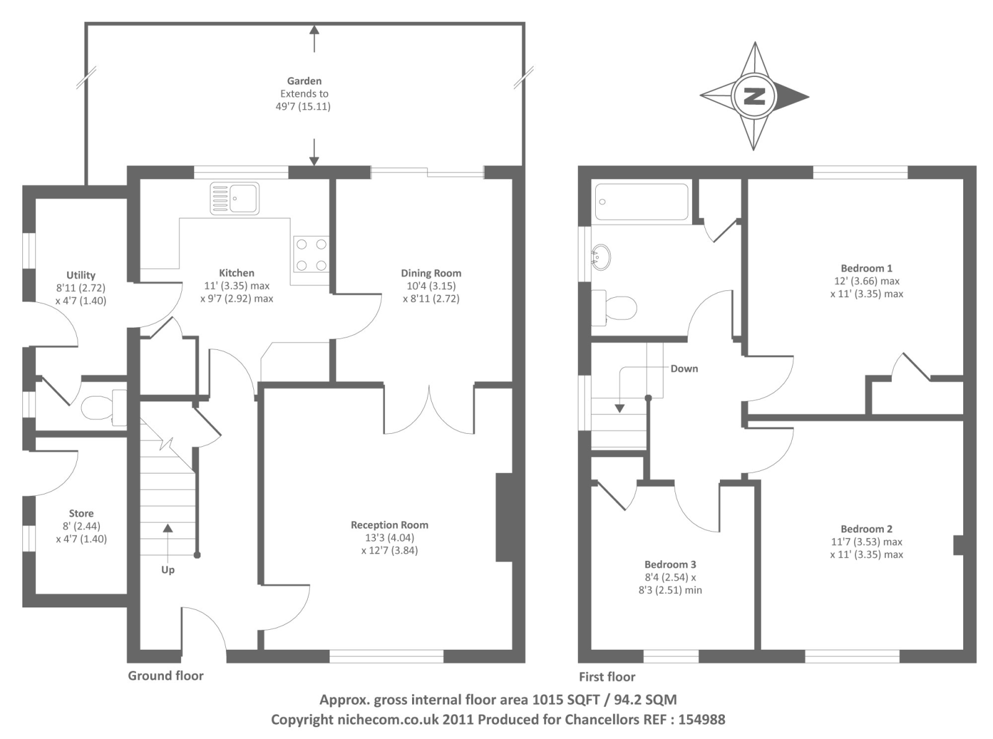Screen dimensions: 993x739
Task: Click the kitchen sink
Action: (x=235, y=199)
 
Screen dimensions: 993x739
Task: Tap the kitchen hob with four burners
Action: (x=311, y=254)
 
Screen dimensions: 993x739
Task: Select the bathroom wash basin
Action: (x=600, y=257)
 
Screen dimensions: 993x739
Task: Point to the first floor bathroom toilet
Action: (x=616, y=307)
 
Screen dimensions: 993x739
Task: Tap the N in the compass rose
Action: (x=754, y=96)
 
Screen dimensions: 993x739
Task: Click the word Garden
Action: (x=304, y=81)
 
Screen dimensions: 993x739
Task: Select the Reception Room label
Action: (x=389, y=525)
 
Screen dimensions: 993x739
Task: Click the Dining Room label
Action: (x=431, y=273)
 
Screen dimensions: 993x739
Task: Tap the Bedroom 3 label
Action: (x=670, y=565)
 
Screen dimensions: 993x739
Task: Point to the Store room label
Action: (x=81, y=514)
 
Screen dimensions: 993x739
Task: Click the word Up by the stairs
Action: (x=168, y=570)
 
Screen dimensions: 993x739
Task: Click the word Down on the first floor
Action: (x=684, y=369)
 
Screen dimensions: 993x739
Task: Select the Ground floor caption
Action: (x=166, y=676)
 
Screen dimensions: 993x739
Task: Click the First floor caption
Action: (x=607, y=677)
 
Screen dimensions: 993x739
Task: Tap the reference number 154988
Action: (x=701, y=720)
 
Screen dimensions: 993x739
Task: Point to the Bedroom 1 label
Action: (x=866, y=269)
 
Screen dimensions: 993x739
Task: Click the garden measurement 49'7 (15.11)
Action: (x=303, y=107)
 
